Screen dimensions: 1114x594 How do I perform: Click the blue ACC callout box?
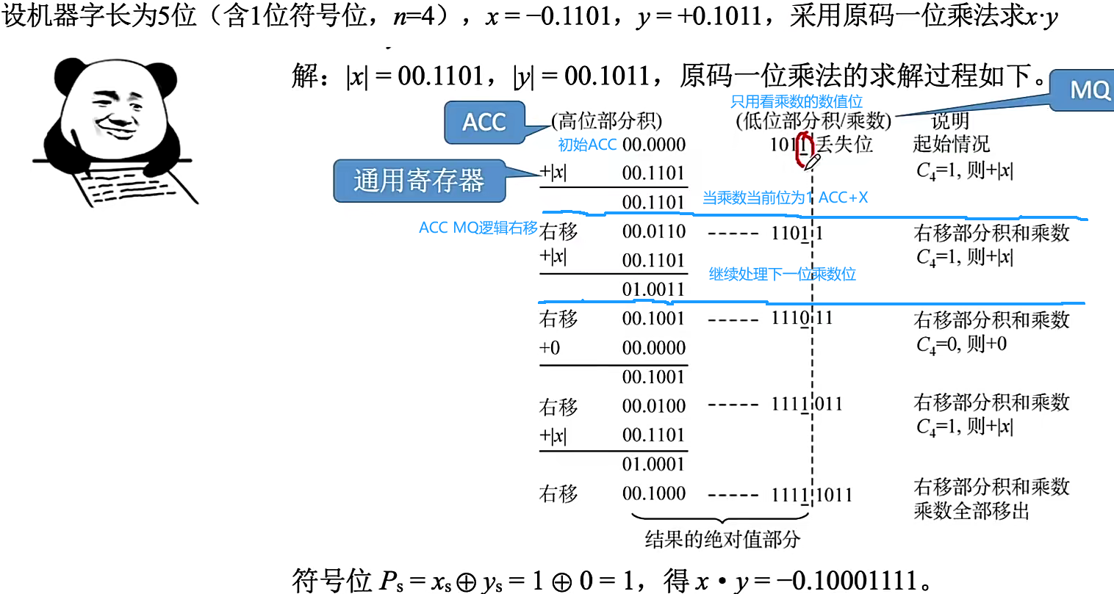tap(484, 122)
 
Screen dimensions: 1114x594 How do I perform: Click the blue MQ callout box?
tap(1088, 90)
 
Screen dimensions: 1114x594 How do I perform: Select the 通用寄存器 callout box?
tap(419, 181)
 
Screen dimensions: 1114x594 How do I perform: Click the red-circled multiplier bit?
tap(805, 145)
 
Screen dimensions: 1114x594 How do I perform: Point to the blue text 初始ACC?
tap(586, 145)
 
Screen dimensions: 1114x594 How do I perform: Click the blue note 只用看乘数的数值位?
tap(796, 101)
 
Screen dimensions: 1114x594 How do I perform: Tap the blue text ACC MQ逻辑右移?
tap(478, 228)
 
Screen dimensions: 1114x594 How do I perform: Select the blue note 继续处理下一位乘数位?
tap(782, 274)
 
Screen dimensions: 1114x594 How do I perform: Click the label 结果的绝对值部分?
tap(722, 540)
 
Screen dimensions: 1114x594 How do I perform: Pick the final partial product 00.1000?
tap(653, 493)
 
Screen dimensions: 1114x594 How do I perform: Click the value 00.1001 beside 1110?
tap(653, 319)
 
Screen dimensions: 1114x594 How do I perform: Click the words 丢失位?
tap(845, 144)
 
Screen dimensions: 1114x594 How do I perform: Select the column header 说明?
tap(950, 120)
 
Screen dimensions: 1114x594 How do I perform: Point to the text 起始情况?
tap(951, 144)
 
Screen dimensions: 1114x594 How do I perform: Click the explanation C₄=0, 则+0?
tap(961, 344)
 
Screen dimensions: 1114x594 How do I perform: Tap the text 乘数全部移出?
tap(971, 510)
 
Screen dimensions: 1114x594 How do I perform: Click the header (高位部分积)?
tap(607, 120)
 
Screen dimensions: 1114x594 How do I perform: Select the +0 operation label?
tap(550, 347)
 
